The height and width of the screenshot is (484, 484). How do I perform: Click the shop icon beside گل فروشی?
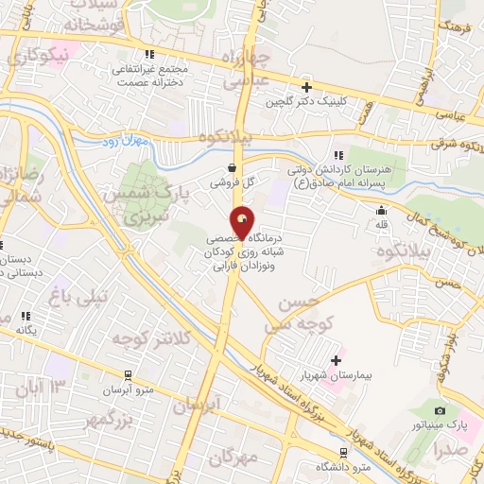(232, 168)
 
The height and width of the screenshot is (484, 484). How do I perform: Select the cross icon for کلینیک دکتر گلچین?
(304, 86)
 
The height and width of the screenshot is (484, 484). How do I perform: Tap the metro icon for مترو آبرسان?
(129, 376)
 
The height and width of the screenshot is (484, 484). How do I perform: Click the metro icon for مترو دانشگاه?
(342, 453)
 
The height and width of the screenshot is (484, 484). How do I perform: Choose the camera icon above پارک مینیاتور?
(439, 410)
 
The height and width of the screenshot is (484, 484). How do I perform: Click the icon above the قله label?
(381, 210)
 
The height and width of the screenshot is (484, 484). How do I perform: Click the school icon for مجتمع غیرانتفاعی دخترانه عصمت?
(147, 55)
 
